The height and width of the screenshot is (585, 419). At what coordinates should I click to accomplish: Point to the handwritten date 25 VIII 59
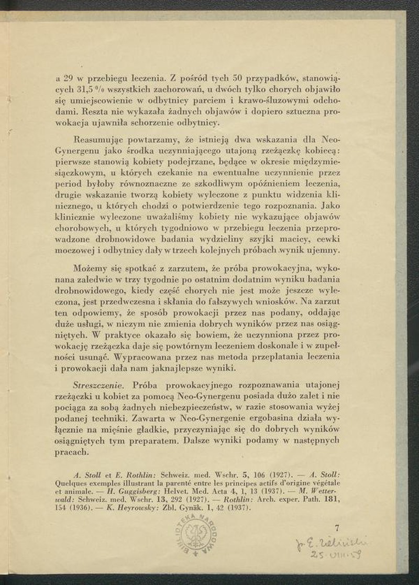[337, 554]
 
